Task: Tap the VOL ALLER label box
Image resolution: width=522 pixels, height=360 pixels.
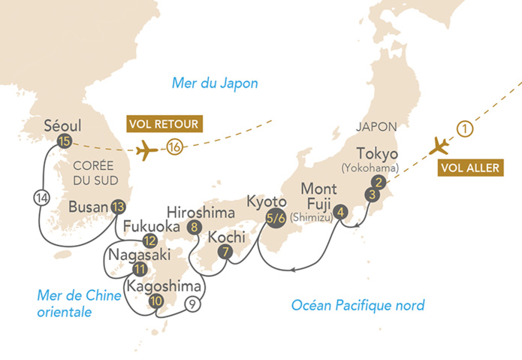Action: pyautogui.click(x=469, y=168)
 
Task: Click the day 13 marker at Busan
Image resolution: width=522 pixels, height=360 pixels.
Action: pyautogui.click(x=116, y=206)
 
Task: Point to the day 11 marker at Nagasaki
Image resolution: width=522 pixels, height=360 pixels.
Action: pyautogui.click(x=138, y=269)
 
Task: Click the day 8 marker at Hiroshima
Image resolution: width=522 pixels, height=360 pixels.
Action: pyautogui.click(x=195, y=226)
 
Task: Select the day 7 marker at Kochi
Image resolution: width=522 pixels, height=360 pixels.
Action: pyautogui.click(x=225, y=252)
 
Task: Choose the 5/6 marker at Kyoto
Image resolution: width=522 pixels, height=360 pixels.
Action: pyautogui.click(x=276, y=219)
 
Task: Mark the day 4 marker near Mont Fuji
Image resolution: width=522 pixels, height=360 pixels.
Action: pyautogui.click(x=342, y=211)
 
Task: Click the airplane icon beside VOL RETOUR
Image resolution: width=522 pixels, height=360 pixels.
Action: pyautogui.click(x=148, y=149)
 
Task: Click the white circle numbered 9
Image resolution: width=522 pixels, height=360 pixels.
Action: pyautogui.click(x=193, y=304)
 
